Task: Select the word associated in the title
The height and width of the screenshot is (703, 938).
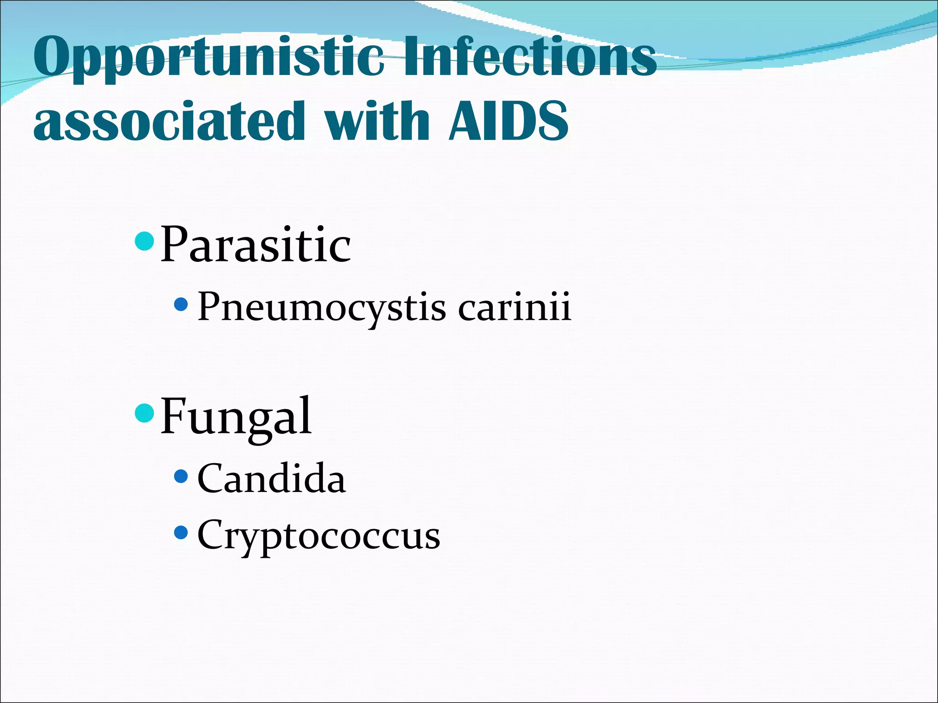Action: (x=169, y=121)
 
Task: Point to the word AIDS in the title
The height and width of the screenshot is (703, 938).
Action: (x=508, y=121)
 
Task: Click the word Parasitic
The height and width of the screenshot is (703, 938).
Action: (x=255, y=245)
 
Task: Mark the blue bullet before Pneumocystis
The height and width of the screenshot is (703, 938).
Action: (x=181, y=304)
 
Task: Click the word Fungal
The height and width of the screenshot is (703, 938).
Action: (x=236, y=416)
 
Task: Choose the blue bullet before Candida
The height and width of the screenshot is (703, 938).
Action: (x=181, y=476)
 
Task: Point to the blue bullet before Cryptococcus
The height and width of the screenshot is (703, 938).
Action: (x=181, y=532)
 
